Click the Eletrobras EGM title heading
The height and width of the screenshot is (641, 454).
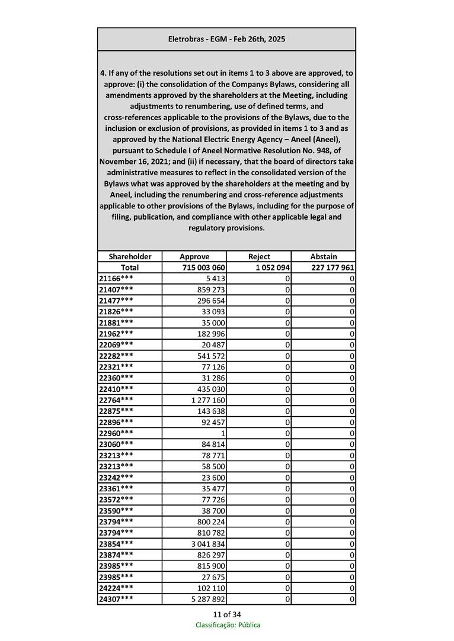click(x=226, y=39)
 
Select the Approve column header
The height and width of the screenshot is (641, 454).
click(x=194, y=256)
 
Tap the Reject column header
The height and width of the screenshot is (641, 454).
click(x=259, y=256)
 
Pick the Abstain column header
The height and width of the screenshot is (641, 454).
click(x=324, y=256)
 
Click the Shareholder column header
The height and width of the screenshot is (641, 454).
click(x=130, y=256)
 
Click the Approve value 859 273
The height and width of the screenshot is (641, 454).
click(x=210, y=289)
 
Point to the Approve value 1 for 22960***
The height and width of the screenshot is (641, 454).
click(x=223, y=433)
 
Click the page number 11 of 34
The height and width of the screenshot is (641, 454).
click(x=227, y=614)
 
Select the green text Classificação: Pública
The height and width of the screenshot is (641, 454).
click(x=228, y=625)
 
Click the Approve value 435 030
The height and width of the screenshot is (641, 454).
click(x=210, y=389)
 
